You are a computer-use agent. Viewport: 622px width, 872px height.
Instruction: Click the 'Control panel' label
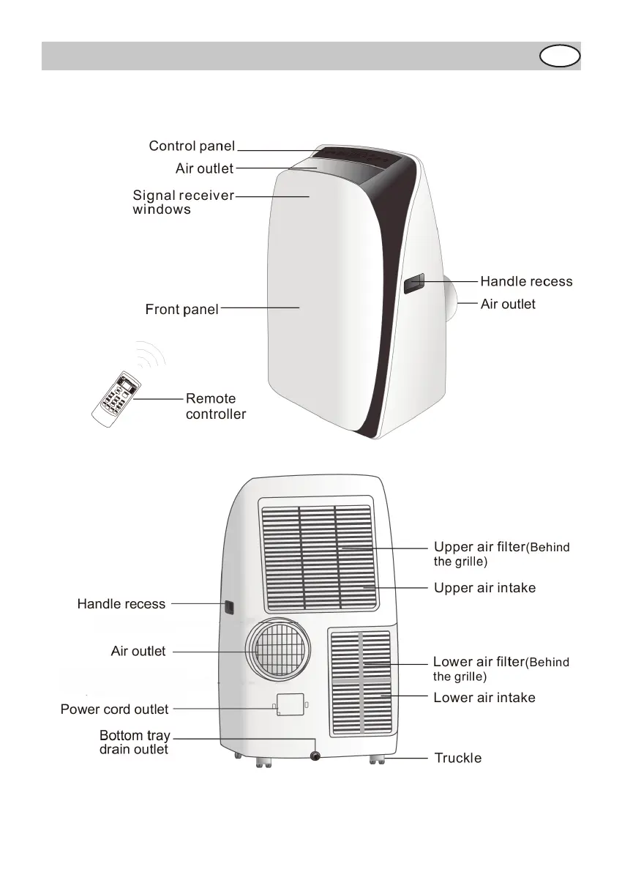[192, 146]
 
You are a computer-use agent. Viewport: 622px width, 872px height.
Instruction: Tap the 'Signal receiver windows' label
[183, 202]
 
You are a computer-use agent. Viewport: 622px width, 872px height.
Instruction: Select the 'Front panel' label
[181, 310]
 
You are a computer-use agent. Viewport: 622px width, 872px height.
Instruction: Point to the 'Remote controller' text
[215, 406]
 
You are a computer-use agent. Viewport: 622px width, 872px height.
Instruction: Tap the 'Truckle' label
[458, 759]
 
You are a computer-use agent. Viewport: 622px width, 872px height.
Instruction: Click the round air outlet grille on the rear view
[278, 649]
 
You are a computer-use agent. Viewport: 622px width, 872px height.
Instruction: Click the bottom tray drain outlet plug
[316, 756]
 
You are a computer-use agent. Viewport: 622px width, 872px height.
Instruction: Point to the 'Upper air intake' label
[484, 588]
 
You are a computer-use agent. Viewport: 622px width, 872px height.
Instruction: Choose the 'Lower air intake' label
[484, 698]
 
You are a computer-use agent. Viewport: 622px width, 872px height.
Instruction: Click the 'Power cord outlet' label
[114, 709]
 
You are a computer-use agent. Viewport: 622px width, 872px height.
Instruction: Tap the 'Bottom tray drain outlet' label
[134, 742]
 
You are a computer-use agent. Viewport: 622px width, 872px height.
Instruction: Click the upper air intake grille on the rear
[318, 556]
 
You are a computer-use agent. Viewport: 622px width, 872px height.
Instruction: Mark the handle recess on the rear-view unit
[228, 607]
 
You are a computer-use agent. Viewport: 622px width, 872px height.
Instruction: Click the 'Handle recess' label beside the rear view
[121, 604]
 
